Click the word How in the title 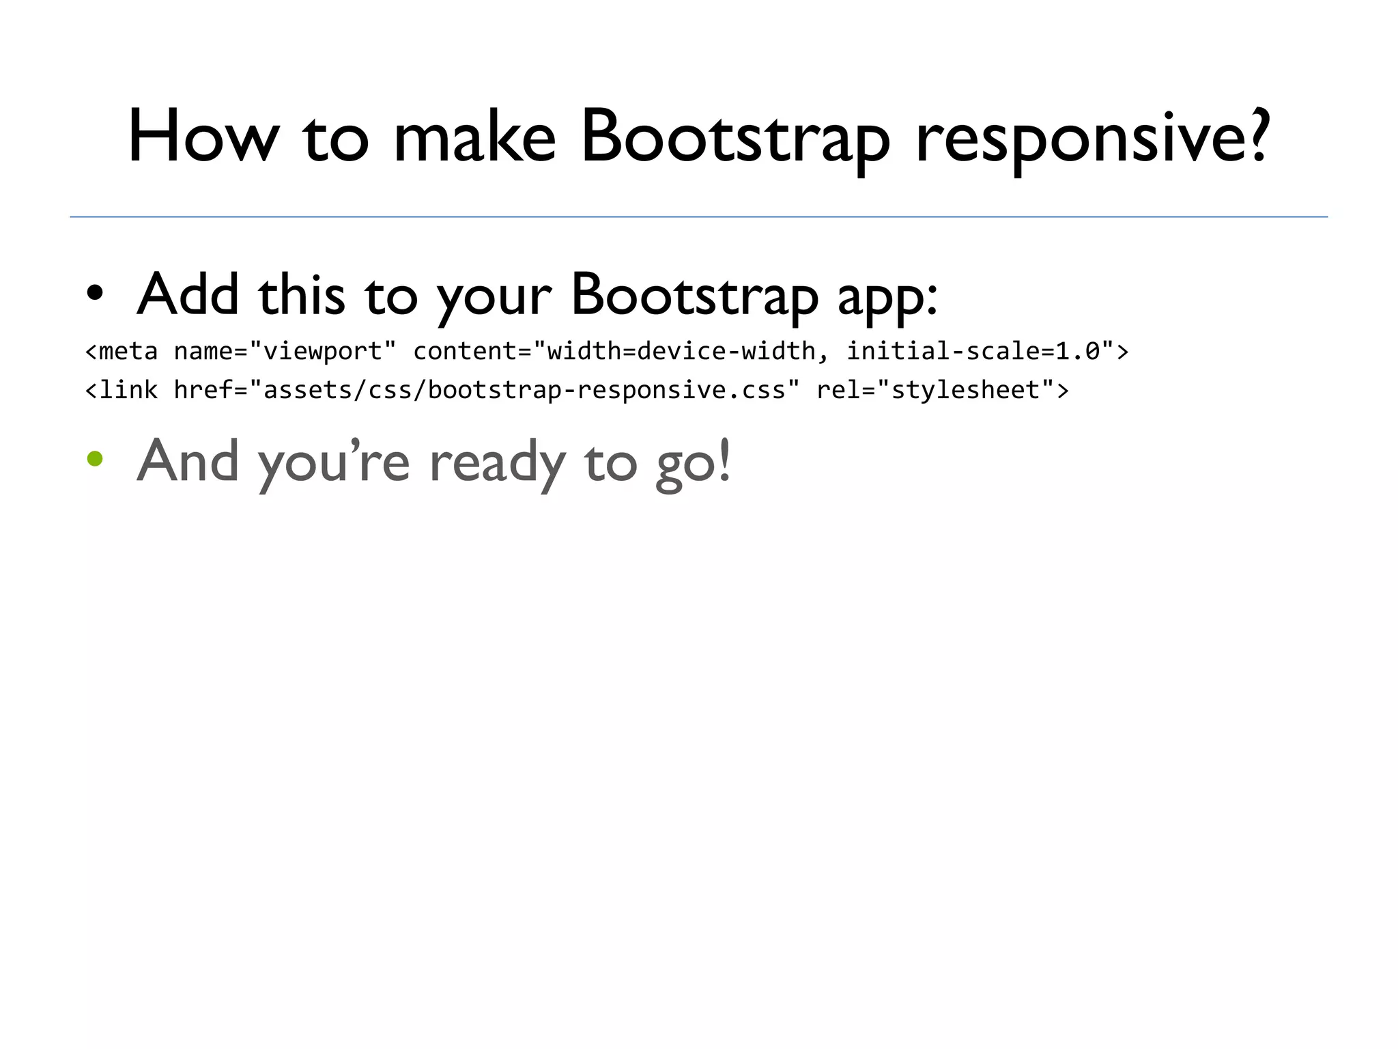[x=203, y=137]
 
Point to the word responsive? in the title [x=1092, y=137]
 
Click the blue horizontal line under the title [x=699, y=217]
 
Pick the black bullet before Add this [x=95, y=294]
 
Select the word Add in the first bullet [x=188, y=294]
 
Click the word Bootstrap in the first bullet [x=694, y=294]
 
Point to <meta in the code [x=122, y=351]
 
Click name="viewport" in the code [x=285, y=351]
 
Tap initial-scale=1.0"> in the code [x=988, y=351]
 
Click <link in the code [x=122, y=390]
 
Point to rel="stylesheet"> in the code [x=943, y=390]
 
